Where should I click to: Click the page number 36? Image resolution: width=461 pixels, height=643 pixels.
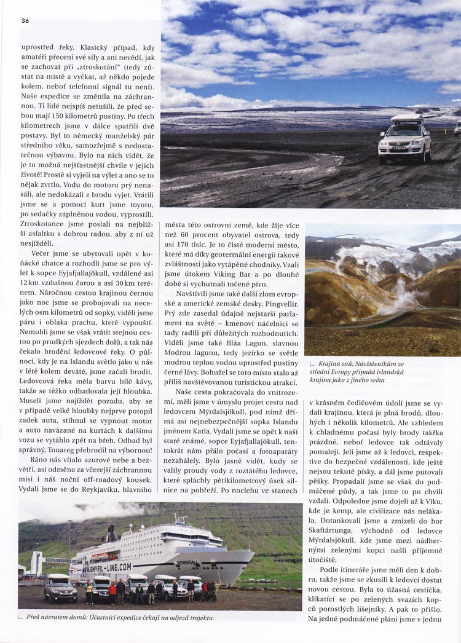(x=25, y=21)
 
